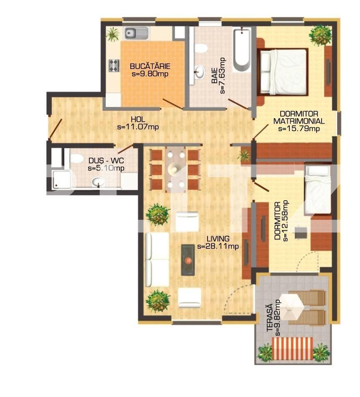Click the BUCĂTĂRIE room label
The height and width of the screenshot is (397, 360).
coord(150,66)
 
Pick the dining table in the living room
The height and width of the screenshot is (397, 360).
coord(175,169)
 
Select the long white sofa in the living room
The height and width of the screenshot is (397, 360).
coord(157,260)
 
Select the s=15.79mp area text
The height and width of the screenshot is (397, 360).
coord(299,128)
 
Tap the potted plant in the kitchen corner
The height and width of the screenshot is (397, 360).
coord(112,34)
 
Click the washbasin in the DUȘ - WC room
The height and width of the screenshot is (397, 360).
coord(99,181)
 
